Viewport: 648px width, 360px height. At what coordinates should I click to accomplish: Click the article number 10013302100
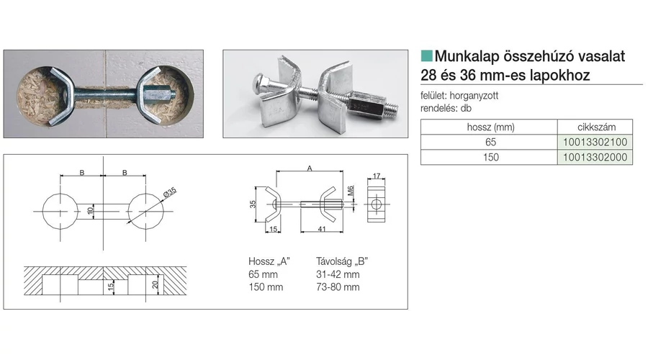coord(595,142)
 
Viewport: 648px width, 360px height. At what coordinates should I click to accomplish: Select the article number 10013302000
coord(595,157)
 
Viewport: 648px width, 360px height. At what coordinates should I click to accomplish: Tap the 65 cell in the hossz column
coord(490,142)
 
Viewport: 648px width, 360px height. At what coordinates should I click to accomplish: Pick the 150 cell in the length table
coord(490,157)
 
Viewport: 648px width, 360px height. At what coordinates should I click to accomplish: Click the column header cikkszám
coord(596,127)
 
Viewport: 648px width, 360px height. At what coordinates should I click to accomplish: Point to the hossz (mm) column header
coord(490,127)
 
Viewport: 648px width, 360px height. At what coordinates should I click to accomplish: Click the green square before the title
coord(426,55)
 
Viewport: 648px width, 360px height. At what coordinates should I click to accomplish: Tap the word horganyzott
coord(474,96)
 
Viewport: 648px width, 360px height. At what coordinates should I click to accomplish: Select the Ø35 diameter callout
coord(170,192)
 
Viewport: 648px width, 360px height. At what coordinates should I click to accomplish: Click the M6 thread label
coord(351,191)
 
